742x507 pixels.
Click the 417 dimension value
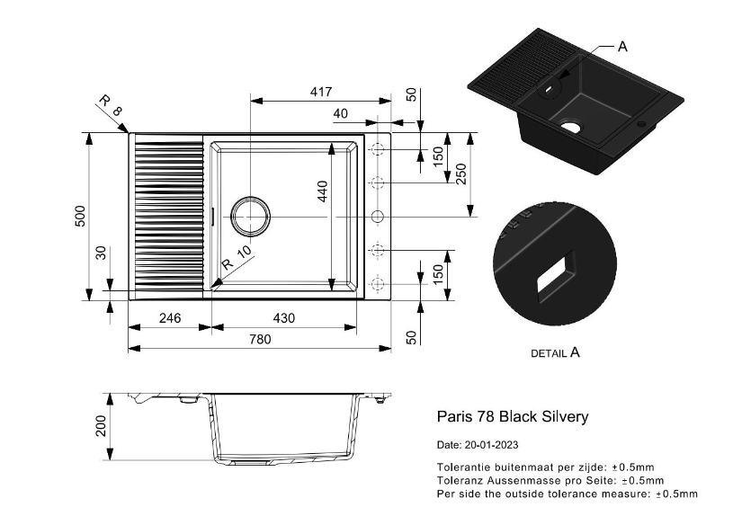click(x=321, y=92)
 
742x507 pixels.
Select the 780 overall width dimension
click(x=259, y=339)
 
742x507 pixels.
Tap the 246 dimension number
click(x=170, y=318)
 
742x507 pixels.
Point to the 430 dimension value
click(x=284, y=318)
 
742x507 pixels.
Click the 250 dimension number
click(x=461, y=173)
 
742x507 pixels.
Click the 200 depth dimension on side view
click(x=101, y=425)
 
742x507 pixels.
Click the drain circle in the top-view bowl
click(x=249, y=216)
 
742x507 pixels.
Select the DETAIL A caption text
click(x=555, y=353)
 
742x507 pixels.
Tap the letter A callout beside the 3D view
click(x=621, y=47)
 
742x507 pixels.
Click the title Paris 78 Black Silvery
click(x=512, y=416)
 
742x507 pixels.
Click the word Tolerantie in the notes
click(x=463, y=467)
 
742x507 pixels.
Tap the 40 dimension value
click(x=340, y=113)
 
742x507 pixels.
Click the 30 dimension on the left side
click(x=101, y=253)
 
